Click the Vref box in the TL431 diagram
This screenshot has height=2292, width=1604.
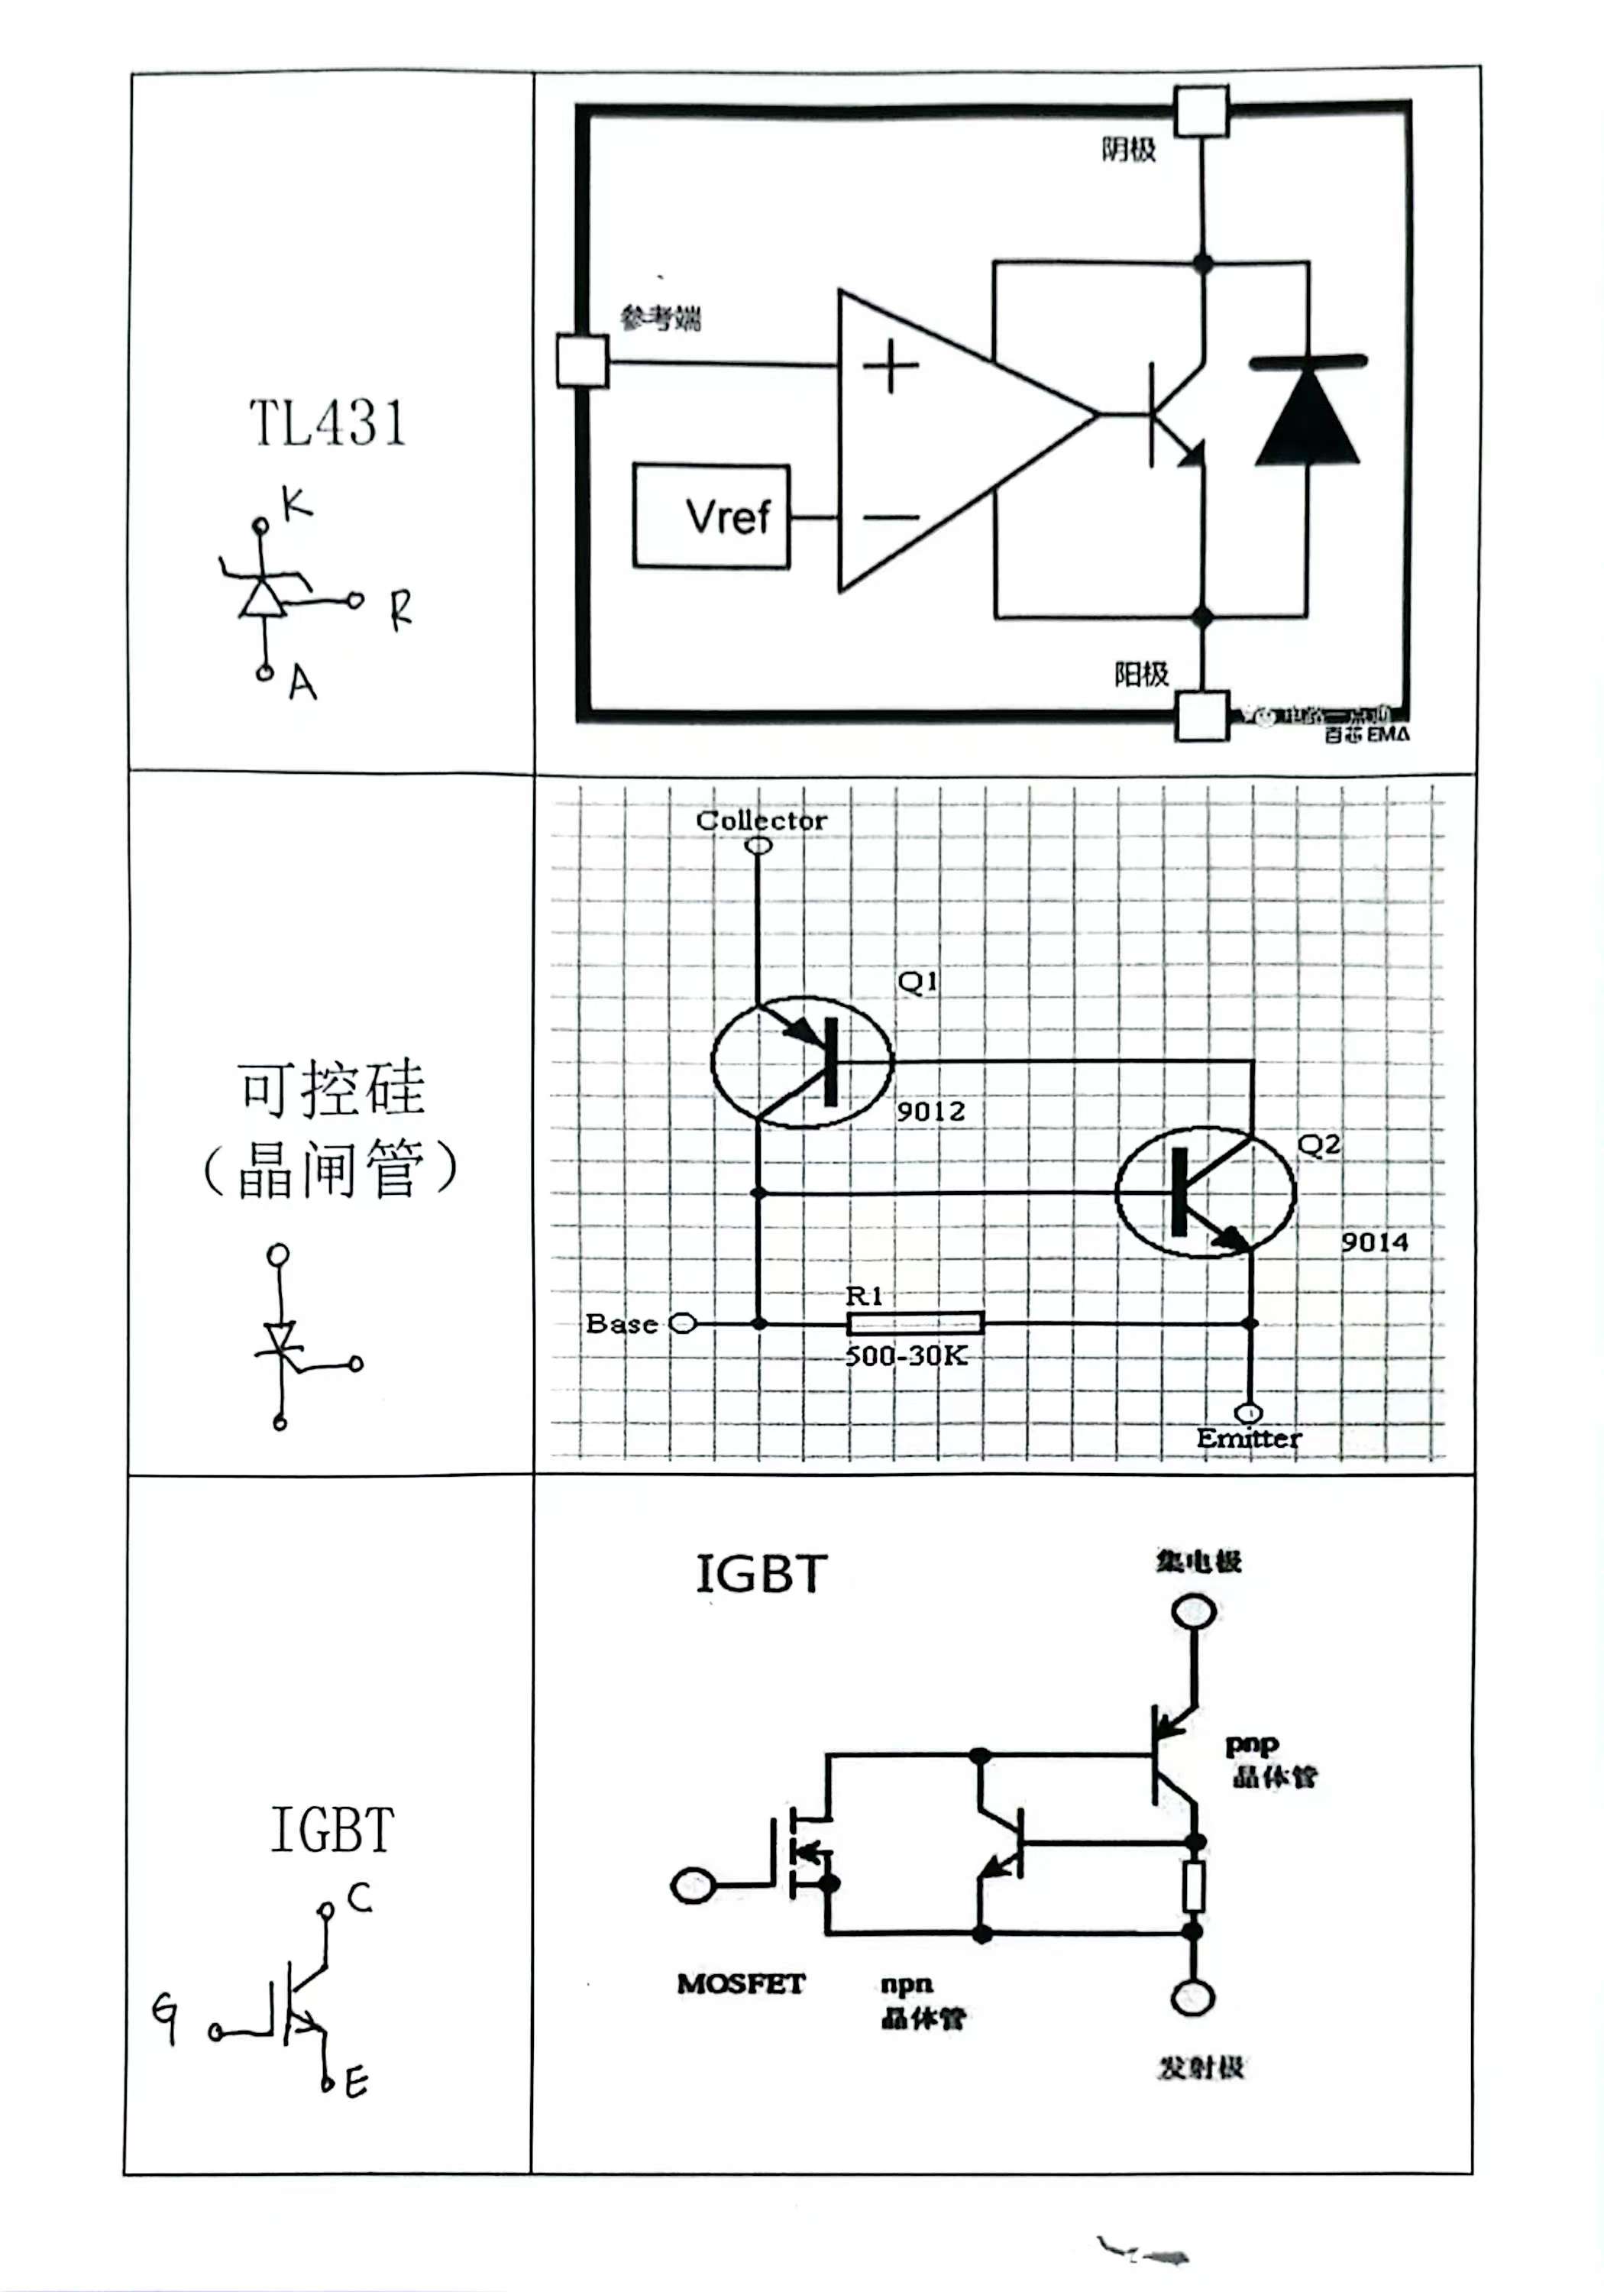pos(710,516)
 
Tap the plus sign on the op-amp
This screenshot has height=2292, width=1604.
pos(889,367)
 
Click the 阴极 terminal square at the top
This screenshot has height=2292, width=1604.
pos(1201,111)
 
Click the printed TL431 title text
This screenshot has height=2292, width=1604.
pos(328,423)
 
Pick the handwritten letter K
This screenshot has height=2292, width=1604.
pos(296,504)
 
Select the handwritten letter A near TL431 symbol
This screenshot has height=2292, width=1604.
pos(302,684)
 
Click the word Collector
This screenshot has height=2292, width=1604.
pos(761,821)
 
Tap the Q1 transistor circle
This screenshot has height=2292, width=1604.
pos(801,1062)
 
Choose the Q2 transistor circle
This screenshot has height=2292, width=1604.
pos(1205,1191)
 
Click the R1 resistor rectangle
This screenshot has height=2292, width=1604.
pos(914,1324)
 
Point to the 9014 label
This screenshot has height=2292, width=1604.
pos(1373,1243)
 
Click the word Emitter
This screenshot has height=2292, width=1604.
pos(1249,1439)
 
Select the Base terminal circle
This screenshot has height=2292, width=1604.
pos(683,1324)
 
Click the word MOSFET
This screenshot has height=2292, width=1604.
pos(741,1983)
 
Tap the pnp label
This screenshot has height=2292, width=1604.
pos(1250,1744)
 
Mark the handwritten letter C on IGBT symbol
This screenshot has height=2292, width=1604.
pos(359,1897)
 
